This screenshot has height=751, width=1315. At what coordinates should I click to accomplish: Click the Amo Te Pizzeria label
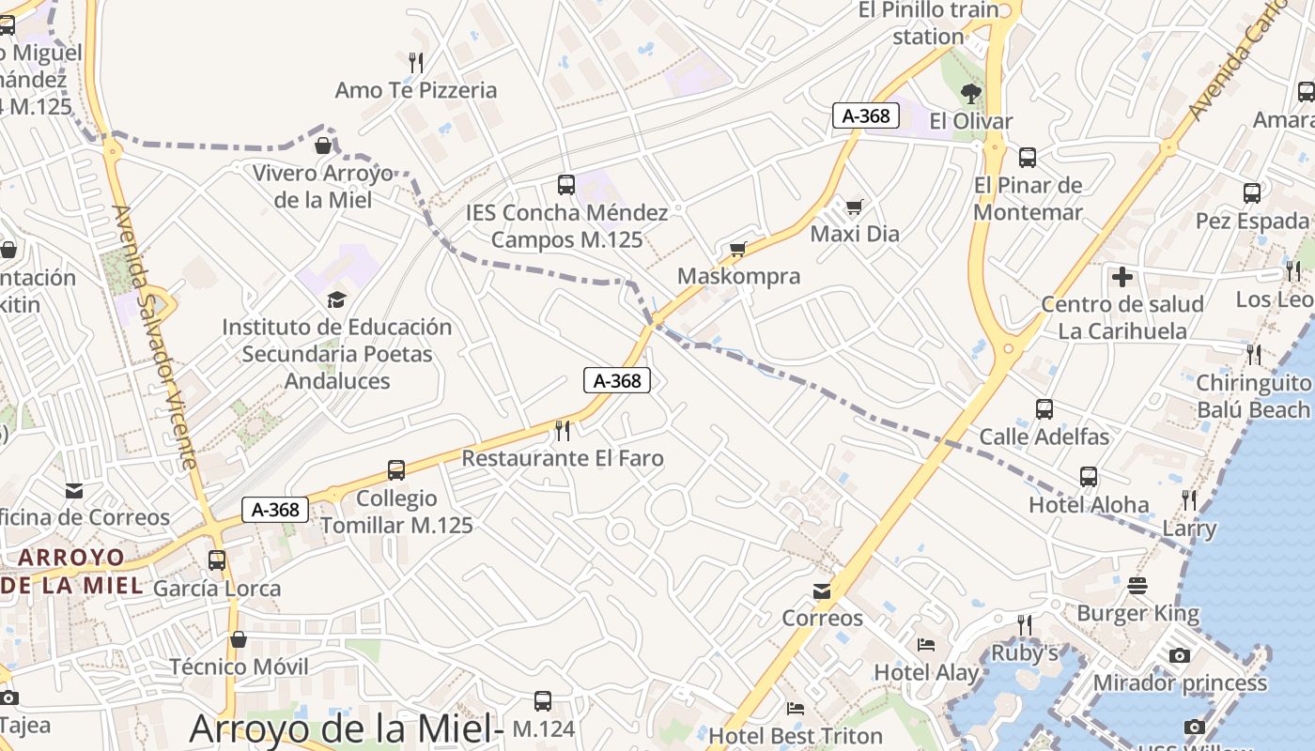coord(416,90)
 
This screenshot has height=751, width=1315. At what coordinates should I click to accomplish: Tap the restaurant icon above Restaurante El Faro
coord(563,430)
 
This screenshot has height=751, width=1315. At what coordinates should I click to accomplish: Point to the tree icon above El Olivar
coord(971,93)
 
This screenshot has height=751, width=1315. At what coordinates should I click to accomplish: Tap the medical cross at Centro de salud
coord(1122,277)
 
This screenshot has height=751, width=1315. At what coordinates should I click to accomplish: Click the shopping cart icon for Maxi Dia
coord(854,207)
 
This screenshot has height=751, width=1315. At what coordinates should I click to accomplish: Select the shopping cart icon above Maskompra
coord(738,250)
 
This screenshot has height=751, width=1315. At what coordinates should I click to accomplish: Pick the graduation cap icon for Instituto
coord(336,299)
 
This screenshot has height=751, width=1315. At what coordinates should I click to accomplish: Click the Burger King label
coord(1138,614)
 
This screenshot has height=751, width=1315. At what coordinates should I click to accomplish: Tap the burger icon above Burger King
coord(1138,586)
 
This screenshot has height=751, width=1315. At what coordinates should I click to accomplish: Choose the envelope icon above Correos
coord(822,591)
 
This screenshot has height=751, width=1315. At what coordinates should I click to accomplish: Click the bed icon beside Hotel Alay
coord(926,645)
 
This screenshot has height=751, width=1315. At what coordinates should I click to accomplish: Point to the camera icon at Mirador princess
coord(1180,655)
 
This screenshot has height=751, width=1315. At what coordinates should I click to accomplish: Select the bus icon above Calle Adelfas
coord(1044,409)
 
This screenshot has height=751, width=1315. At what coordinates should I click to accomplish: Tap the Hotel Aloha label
coord(1089,505)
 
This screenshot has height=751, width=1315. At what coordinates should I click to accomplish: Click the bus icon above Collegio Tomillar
coord(396,470)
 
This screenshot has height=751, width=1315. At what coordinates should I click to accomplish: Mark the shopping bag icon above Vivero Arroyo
coord(323,146)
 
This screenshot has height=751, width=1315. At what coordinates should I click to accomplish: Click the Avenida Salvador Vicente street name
coord(155,338)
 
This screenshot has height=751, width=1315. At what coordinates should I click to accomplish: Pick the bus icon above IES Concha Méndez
coord(566,185)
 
